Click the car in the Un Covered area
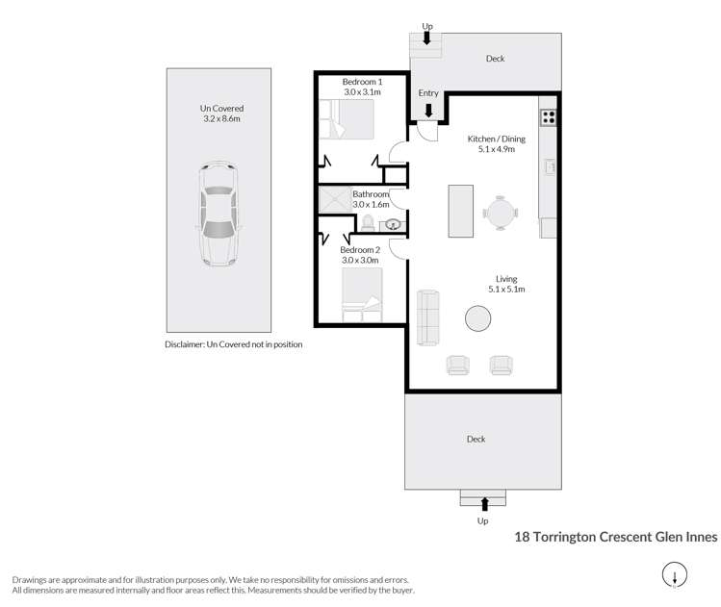219,215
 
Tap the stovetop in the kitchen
548,117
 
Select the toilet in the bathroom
368,223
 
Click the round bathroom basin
393,225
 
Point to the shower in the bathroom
335,199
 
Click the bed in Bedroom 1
347,119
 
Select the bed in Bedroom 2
362,294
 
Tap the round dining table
501,213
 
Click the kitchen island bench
461,211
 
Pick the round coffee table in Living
477,318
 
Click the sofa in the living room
427,317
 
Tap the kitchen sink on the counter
550,166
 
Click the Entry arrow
428,111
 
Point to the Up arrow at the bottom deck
484,504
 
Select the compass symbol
675,575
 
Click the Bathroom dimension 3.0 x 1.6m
371,205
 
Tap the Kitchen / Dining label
496,139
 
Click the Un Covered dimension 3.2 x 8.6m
221,118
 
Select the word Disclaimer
185,344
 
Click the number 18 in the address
522,537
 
